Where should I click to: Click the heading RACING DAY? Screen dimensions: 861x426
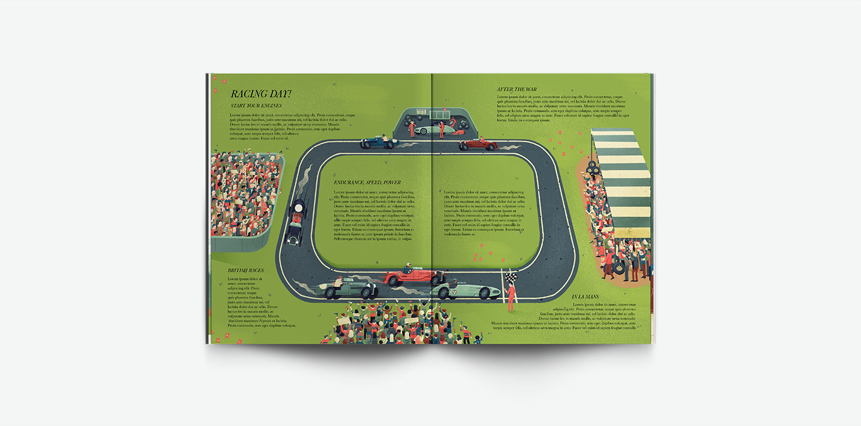pos(261,94)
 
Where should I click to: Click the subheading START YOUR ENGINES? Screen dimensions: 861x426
pos(256,106)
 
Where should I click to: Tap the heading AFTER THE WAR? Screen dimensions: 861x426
pos(517,90)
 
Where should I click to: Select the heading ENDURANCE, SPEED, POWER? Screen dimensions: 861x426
pos(367,183)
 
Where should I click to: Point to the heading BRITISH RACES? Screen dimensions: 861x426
pos(245,270)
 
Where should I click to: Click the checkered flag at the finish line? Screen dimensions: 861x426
pos(509,278)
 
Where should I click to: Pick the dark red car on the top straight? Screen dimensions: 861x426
pos(478,145)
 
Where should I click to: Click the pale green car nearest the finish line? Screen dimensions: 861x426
pos(466,289)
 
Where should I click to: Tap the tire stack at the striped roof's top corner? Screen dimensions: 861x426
pos(593,167)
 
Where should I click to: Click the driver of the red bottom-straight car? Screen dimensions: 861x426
pos(408,268)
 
